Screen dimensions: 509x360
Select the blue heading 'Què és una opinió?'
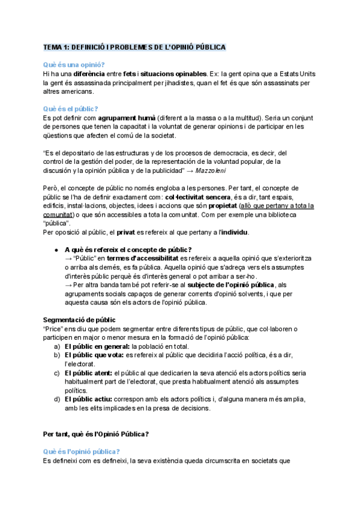click(x=74, y=65)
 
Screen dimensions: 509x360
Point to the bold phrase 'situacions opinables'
click(x=173, y=73)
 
